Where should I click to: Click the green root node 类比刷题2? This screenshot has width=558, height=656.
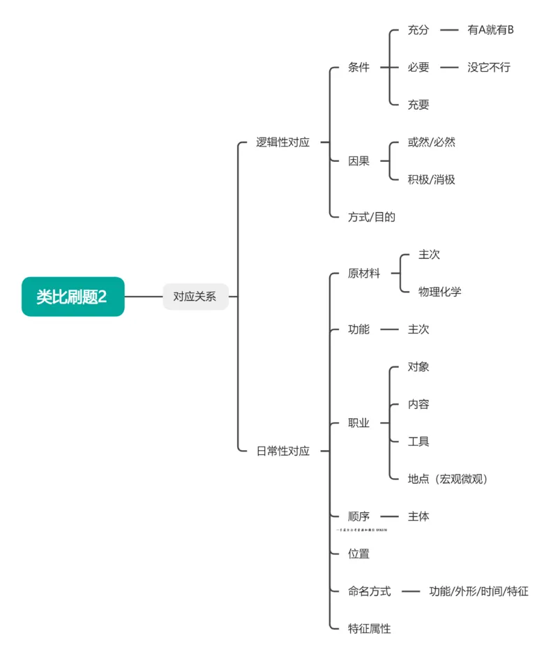click(x=73, y=297)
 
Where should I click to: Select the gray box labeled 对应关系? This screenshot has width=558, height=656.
click(x=195, y=297)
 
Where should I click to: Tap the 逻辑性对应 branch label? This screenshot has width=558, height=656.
click(x=282, y=142)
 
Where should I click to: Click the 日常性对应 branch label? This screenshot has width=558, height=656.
click(x=282, y=451)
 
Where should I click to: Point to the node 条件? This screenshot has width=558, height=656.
click(x=359, y=68)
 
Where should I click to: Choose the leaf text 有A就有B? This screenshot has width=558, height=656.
click(x=490, y=30)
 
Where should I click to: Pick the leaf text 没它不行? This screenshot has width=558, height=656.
click(x=489, y=68)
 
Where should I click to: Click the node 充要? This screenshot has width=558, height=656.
click(x=418, y=105)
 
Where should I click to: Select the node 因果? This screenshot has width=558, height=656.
click(x=359, y=161)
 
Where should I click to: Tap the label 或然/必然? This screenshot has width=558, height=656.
click(x=431, y=142)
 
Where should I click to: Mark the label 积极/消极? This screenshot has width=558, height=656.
click(x=431, y=179)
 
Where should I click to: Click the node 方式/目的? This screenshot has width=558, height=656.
click(x=371, y=216)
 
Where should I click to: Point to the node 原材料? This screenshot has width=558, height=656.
click(x=364, y=274)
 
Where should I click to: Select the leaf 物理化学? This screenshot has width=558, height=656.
click(x=439, y=292)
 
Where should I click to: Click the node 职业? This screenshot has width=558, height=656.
click(x=359, y=423)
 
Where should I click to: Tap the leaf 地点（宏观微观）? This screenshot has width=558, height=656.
click(x=447, y=479)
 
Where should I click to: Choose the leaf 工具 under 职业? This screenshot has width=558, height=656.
click(x=418, y=441)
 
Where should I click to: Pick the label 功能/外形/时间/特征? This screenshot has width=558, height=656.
click(x=478, y=591)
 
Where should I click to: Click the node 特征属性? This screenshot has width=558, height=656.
click(x=369, y=628)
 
